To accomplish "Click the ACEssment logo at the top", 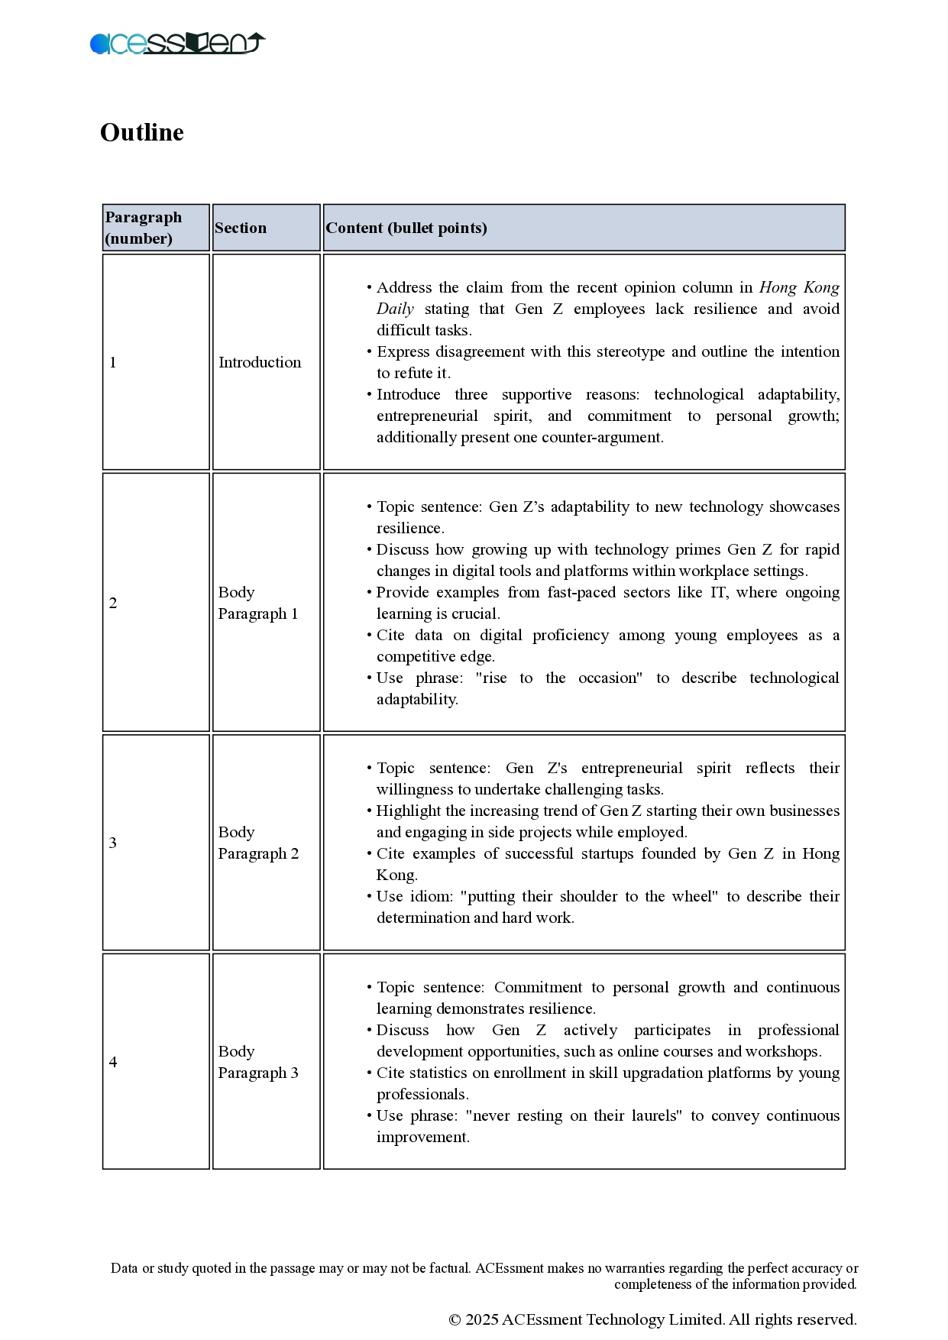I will [x=177, y=44].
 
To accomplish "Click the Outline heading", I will [x=142, y=133].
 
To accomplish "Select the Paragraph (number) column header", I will [x=144, y=228].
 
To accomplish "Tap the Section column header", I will [x=241, y=228].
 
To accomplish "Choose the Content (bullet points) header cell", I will [x=406, y=228].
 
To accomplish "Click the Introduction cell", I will [x=260, y=362].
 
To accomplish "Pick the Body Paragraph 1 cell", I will [x=258, y=603].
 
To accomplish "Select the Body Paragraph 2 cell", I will [x=258, y=843].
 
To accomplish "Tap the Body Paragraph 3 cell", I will [x=258, y=1062].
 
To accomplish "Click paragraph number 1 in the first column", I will [x=113, y=362].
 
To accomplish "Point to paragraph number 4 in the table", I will [x=113, y=1062].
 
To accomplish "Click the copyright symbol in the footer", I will [x=455, y=1319].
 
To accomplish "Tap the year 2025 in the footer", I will [x=482, y=1319].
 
